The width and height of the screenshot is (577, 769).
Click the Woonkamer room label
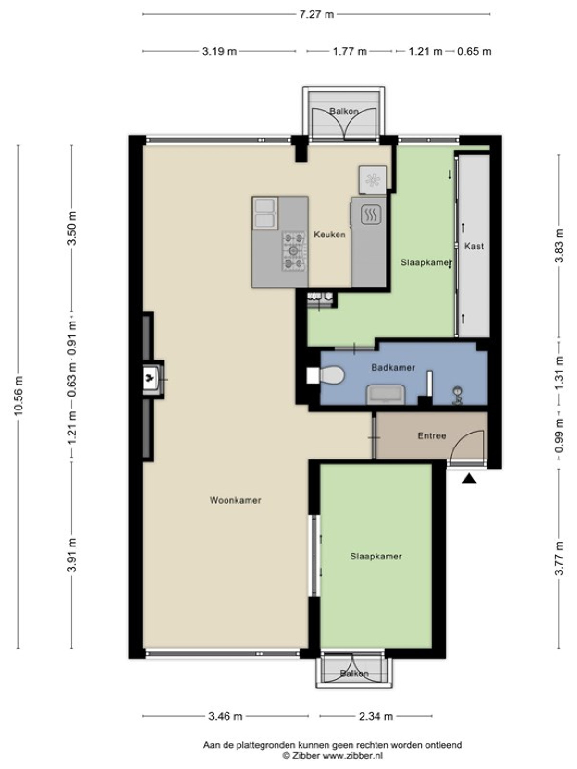click(x=235, y=500)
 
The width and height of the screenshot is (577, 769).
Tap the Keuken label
click(x=329, y=235)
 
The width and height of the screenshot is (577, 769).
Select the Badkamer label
click(x=393, y=368)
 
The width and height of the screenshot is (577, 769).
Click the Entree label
click(x=432, y=435)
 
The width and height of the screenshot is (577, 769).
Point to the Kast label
click(x=474, y=246)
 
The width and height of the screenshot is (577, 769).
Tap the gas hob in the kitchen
click(x=294, y=251)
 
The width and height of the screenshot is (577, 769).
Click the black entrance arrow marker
click(x=469, y=479)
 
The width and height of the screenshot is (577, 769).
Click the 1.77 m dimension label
click(x=350, y=51)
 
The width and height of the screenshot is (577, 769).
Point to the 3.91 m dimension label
click(x=73, y=554)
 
